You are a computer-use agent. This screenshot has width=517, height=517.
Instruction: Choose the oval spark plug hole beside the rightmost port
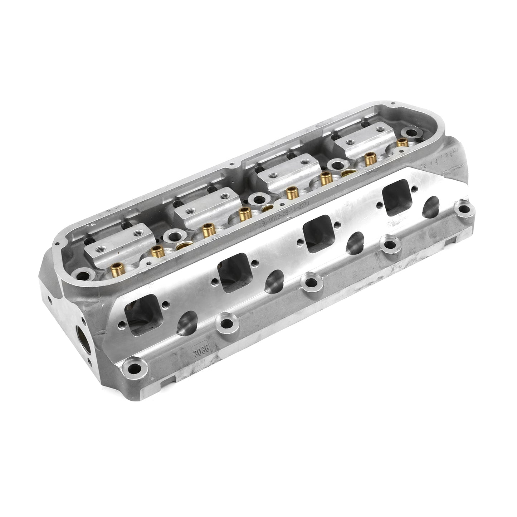tap(431, 206)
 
